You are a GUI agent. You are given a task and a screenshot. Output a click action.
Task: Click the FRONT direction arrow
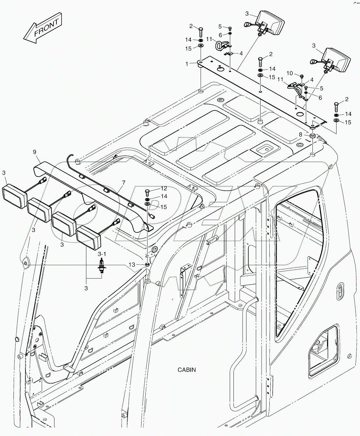42,28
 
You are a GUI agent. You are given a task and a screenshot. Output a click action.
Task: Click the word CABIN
187,370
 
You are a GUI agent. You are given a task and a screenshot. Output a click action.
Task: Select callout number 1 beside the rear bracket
187,64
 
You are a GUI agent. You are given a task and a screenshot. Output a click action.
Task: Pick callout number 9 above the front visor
34,152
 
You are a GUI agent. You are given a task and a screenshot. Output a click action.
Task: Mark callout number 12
163,189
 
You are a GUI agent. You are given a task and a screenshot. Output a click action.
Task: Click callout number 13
131,265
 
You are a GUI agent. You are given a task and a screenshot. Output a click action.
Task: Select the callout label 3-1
102,254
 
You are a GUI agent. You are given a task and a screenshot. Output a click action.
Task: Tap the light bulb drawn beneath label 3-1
102,268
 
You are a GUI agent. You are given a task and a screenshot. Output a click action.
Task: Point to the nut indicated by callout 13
147,264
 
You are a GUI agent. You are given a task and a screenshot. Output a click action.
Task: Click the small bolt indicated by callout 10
302,77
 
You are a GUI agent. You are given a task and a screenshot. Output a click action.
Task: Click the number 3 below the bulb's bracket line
86,288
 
